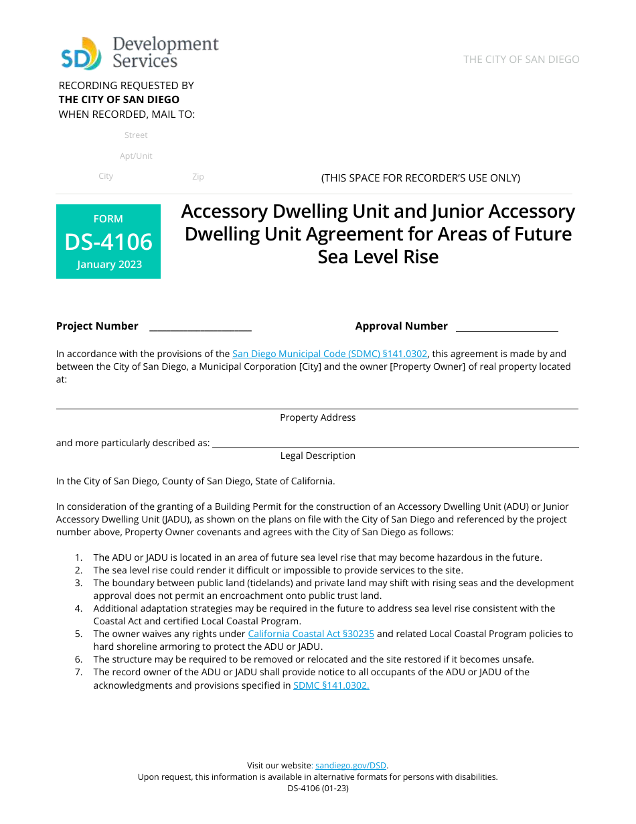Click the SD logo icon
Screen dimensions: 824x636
click(81, 54)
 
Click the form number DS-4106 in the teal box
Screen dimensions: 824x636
click(108, 241)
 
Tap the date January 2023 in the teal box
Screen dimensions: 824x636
click(109, 264)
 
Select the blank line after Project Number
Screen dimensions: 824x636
click(200, 328)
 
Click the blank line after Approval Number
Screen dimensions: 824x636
click(507, 328)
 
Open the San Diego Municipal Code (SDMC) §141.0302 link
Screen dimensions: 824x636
click(329, 354)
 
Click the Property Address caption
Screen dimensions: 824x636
click(317, 417)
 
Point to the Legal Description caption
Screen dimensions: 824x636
click(317, 456)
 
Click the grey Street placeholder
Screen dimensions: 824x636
click(136, 135)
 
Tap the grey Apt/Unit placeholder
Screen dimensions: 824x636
click(136, 156)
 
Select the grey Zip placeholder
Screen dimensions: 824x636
click(197, 177)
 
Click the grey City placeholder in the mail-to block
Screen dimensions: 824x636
click(106, 176)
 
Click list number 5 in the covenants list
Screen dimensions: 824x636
click(78, 634)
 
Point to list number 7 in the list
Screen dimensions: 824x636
click(78, 672)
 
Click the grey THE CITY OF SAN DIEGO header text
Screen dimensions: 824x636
click(521, 60)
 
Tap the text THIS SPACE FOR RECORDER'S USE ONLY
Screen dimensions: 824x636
click(420, 178)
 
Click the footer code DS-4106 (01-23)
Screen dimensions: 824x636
click(318, 788)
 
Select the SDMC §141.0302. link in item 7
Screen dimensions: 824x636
click(331, 685)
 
